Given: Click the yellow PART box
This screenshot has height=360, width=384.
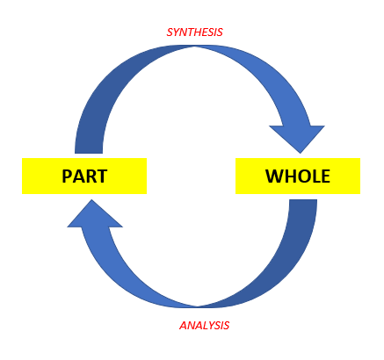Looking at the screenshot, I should (x=83, y=176).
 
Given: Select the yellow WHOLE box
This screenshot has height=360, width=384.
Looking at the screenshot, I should (x=297, y=176).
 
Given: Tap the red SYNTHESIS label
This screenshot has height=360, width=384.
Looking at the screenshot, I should (x=194, y=32).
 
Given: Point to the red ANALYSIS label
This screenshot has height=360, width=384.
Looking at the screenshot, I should (x=204, y=325).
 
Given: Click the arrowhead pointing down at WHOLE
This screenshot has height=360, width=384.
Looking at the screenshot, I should (x=295, y=136).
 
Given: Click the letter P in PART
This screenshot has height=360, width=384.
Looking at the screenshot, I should (x=68, y=176).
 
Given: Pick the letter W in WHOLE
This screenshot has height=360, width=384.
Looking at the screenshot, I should (x=273, y=176).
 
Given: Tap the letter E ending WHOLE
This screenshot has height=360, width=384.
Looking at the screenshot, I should (x=325, y=176).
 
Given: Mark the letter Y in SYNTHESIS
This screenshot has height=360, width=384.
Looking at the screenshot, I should (x=176, y=32).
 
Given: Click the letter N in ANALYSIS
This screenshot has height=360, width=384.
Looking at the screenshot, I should (x=189, y=325).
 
